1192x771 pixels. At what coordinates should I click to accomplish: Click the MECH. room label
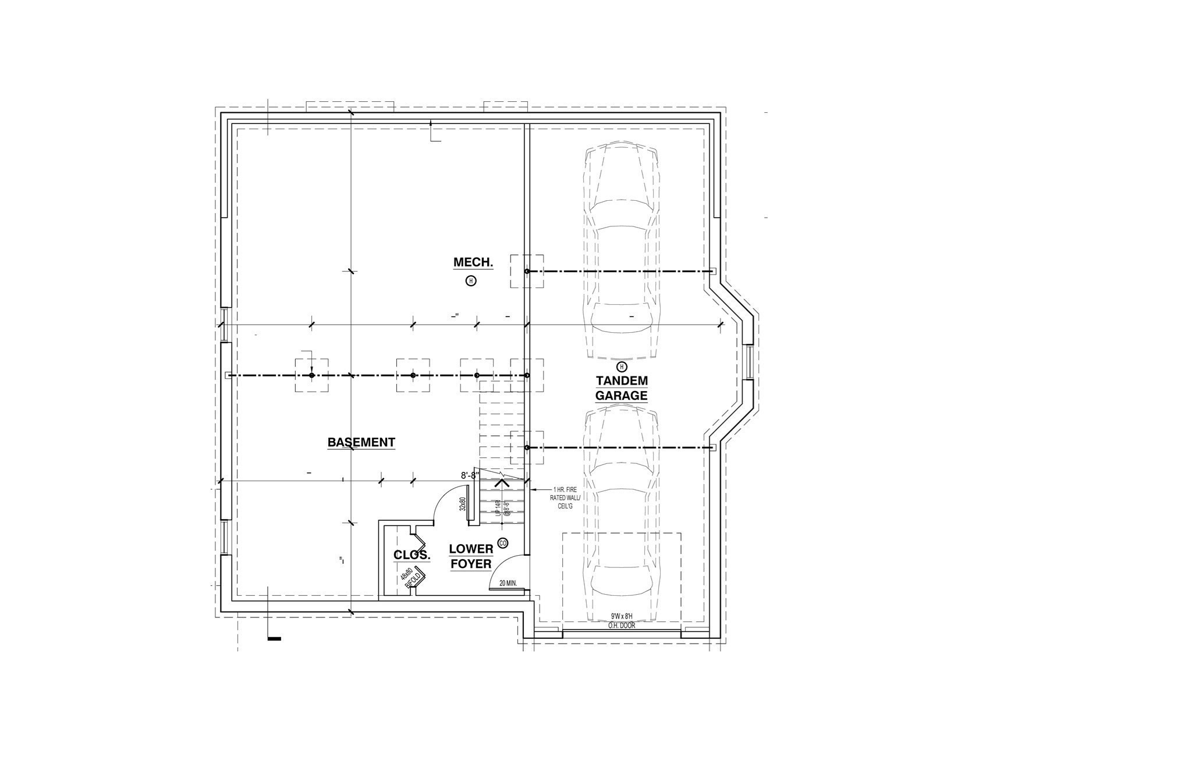473,262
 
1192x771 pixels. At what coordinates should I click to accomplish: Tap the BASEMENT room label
361,442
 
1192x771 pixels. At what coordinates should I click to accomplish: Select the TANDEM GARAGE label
621,388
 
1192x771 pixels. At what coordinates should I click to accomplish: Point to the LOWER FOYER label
471,556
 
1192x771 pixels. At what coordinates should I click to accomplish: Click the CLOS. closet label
412,555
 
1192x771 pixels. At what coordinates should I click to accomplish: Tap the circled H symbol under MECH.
471,281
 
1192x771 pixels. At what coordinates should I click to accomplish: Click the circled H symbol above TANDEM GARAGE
622,367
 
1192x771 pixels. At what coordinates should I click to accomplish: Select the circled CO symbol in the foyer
503,543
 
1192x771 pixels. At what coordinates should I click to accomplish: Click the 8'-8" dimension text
470,475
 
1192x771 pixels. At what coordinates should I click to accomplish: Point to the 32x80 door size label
463,504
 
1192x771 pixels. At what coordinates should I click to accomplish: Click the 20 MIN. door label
508,582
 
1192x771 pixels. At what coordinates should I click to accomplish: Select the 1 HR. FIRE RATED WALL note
564,498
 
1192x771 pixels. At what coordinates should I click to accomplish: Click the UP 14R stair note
498,508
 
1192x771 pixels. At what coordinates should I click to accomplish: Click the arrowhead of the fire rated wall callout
529,490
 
